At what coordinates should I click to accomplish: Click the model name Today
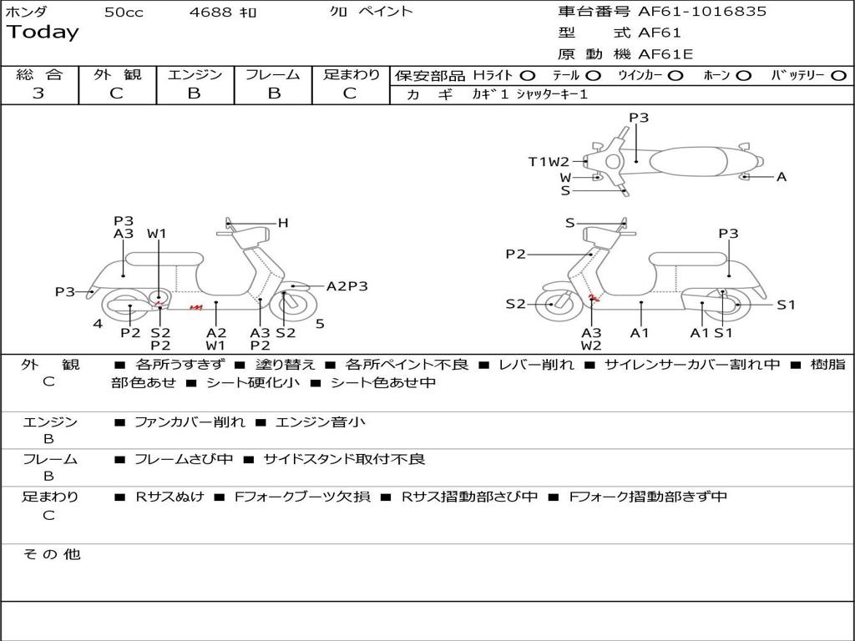(43, 33)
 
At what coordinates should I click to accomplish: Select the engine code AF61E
(665, 55)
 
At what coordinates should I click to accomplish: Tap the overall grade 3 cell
(38, 93)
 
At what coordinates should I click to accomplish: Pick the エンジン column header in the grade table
(195, 75)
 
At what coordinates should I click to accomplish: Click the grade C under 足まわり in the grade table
(350, 93)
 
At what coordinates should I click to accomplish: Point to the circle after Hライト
(528, 76)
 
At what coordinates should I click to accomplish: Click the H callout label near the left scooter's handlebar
(283, 223)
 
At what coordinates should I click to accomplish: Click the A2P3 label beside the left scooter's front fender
(347, 286)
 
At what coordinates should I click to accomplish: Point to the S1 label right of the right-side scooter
(787, 305)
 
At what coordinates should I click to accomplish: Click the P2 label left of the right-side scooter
(515, 255)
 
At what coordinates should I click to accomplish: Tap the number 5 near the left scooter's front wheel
(320, 323)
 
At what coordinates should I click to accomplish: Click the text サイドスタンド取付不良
(344, 459)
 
